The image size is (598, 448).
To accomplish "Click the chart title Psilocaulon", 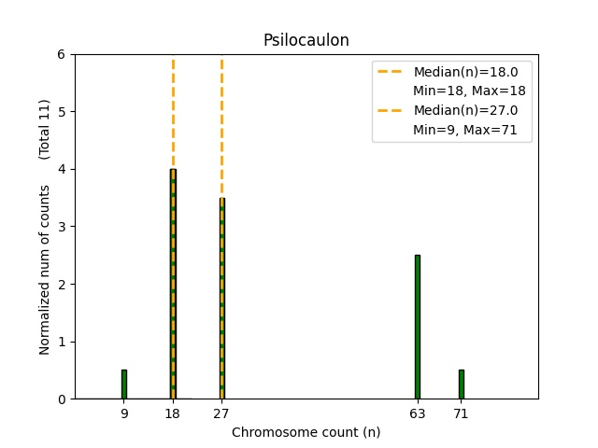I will pyautogui.click(x=306, y=40).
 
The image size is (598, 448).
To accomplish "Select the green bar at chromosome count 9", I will pyautogui.click(x=124, y=385).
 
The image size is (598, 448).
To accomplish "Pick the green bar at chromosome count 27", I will pyautogui.click(x=221, y=299).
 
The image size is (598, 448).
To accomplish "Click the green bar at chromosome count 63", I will pyautogui.click(x=418, y=327).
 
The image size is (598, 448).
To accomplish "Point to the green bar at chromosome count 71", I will pyautogui.click(x=461, y=385).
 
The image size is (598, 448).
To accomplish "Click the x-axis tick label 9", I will pyautogui.click(x=124, y=413).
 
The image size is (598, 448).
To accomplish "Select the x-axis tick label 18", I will pyautogui.click(x=173, y=413).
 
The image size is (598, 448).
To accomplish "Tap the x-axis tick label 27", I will pyautogui.click(x=221, y=413).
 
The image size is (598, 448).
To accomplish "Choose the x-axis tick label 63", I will pyautogui.click(x=418, y=413).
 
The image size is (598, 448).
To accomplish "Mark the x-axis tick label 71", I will pyautogui.click(x=461, y=413).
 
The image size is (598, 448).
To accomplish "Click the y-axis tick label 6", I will pyautogui.click(x=61, y=54).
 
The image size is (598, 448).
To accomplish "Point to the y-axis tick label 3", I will pyautogui.click(x=61, y=227).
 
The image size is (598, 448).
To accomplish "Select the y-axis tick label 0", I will pyautogui.click(x=61, y=399).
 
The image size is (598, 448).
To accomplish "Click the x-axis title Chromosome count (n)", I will pyautogui.click(x=306, y=432).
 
